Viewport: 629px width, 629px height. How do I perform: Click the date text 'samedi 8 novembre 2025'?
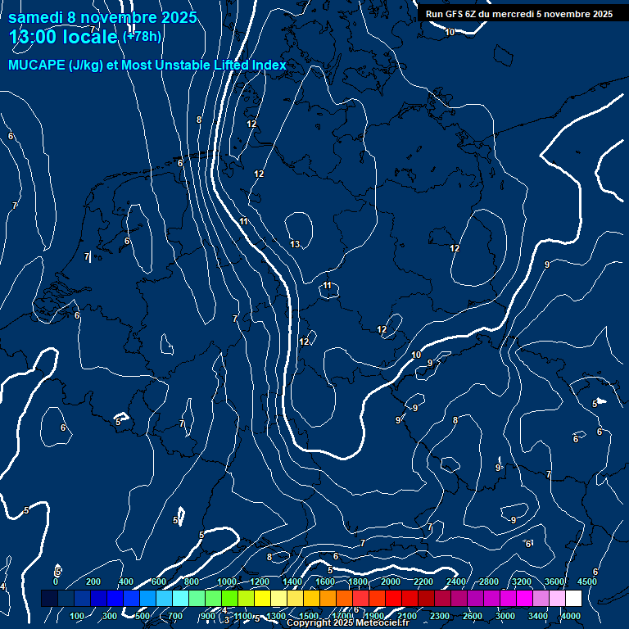102,17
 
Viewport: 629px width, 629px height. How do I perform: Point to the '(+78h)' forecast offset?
142,36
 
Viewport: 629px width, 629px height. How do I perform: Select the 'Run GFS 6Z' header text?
452,14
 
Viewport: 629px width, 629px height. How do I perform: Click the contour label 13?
295,244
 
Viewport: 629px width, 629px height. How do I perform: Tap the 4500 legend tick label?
587,581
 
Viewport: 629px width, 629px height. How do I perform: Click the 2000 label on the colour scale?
391,581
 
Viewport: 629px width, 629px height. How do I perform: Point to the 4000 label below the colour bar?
571,616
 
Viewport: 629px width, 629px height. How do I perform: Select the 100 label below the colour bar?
77,616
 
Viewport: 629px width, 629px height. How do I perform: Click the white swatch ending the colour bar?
573,599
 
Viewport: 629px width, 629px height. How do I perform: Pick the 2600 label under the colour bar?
473,616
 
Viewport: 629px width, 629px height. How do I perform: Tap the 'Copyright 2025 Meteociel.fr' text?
347,623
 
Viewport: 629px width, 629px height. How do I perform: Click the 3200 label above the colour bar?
522,581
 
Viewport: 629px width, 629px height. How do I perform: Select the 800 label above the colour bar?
192,581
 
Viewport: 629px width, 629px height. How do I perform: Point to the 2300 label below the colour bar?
440,616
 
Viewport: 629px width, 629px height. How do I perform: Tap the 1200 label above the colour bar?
259,581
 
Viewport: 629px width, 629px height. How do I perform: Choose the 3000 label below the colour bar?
505,616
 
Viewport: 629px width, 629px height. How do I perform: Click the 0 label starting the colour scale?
56,581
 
